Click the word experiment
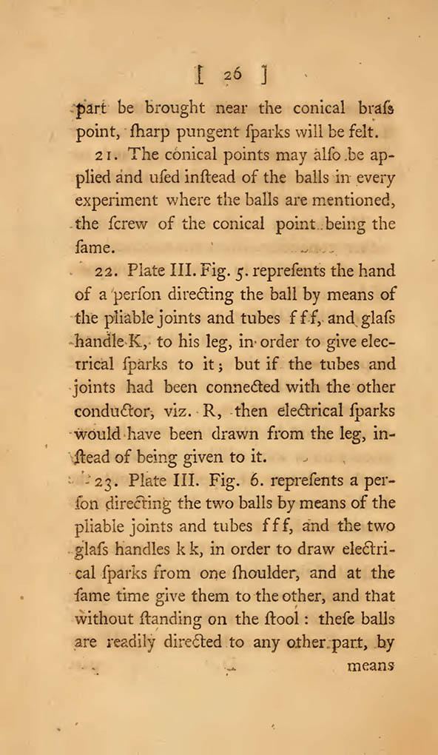pos(117,201)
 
